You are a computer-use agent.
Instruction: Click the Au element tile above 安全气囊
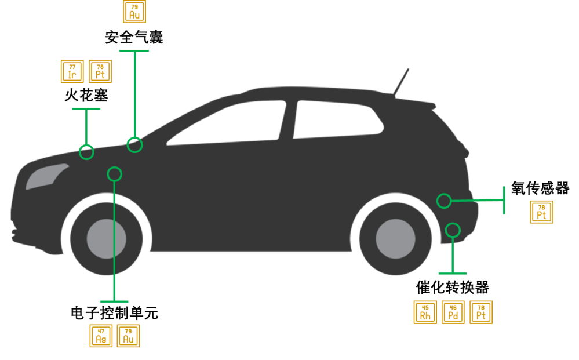coord(134,12)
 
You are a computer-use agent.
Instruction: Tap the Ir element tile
coord(72,71)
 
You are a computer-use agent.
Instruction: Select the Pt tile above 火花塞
coord(100,71)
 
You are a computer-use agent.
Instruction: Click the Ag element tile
coord(101,336)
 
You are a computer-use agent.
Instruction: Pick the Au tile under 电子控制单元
coord(128,336)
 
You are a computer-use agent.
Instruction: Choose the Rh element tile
coord(425,312)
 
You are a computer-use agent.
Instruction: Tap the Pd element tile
coord(453,312)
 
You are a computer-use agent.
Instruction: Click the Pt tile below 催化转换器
coord(481,312)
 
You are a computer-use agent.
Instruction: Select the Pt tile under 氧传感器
coord(541,212)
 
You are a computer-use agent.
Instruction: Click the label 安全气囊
coord(134,37)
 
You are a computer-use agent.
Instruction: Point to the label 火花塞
coord(86,95)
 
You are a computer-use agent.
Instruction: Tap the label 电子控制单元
coord(115,313)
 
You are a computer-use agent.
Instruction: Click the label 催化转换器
coord(452,288)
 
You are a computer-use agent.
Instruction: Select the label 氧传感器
coord(540,188)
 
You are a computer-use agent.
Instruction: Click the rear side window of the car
coord(336,119)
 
